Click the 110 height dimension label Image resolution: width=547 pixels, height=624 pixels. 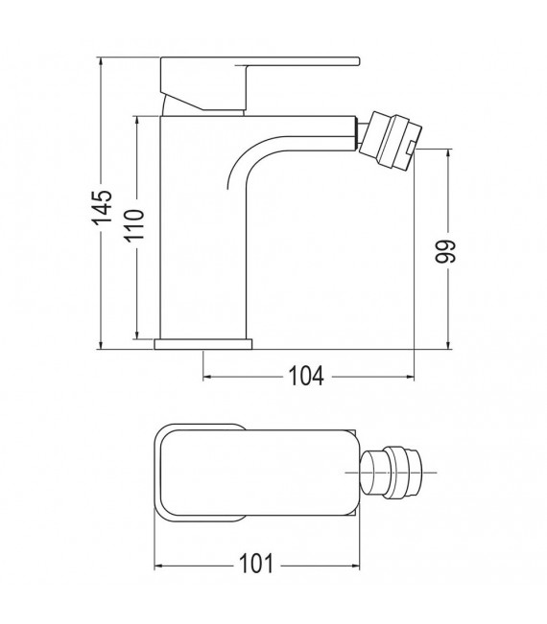[134, 227]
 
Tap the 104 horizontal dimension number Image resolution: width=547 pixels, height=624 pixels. [306, 375]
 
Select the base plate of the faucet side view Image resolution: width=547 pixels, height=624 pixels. [202, 343]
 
